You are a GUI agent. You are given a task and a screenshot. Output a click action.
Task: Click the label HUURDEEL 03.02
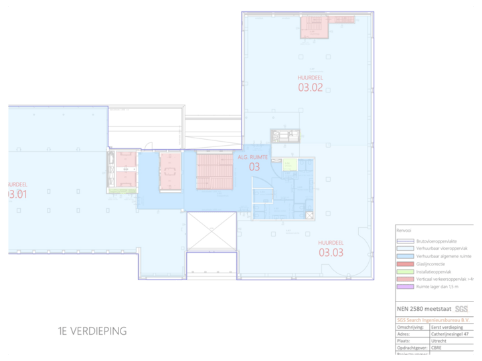(x=311, y=83)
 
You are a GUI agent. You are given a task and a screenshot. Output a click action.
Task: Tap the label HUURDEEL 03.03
(x=331, y=248)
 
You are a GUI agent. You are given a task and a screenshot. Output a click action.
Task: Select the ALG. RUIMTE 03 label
(x=254, y=162)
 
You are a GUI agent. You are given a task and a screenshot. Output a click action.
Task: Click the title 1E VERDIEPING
(x=92, y=331)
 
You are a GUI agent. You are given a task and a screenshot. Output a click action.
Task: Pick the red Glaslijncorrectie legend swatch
(x=403, y=264)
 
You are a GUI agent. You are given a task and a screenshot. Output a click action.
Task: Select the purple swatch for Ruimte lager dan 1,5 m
(x=403, y=287)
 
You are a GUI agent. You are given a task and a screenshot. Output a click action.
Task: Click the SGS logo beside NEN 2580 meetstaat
(x=462, y=309)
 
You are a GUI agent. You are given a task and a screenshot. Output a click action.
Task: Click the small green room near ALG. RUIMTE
(x=289, y=164)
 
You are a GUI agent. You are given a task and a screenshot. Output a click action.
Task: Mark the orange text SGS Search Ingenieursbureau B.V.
(x=434, y=320)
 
